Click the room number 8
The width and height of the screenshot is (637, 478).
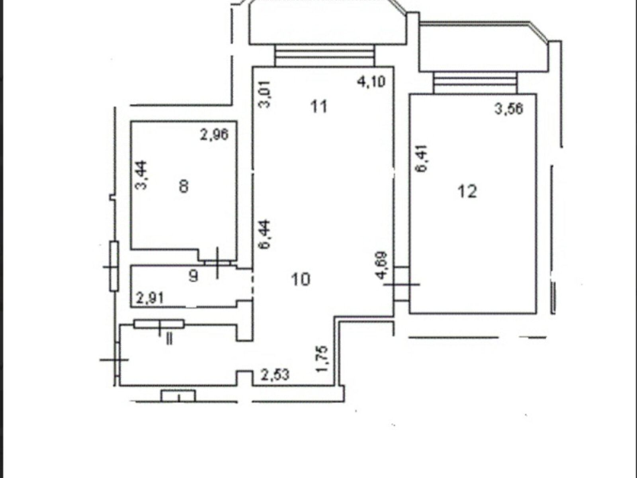(184, 186)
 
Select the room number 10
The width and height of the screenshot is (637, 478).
(300, 280)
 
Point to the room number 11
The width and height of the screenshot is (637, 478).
(319, 106)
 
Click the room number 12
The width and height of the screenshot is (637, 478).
(467, 192)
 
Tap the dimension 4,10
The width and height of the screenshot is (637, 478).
(371, 82)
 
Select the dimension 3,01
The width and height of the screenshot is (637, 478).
(264, 94)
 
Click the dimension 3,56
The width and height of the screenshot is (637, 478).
(509, 109)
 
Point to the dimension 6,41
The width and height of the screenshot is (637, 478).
(422, 159)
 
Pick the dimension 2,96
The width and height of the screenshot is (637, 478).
(214, 134)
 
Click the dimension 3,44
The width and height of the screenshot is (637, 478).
(142, 175)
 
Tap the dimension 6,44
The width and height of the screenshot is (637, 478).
(264, 235)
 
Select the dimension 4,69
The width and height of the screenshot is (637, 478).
(382, 265)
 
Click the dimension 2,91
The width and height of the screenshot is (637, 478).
(150, 298)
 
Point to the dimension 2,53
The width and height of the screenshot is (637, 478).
(275, 375)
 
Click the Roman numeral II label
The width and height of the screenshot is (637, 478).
(170, 339)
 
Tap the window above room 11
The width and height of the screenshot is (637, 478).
(324, 55)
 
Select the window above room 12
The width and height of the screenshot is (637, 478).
(475, 83)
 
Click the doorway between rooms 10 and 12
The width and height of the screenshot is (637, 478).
(402, 284)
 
